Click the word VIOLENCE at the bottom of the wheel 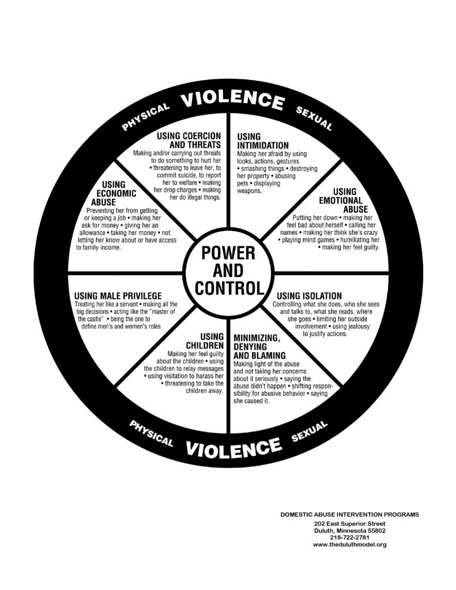click(x=233, y=447)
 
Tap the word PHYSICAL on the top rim click(x=146, y=116)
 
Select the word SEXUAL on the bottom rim click(x=310, y=431)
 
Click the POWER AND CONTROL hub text click(x=228, y=271)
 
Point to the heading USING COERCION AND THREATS click(x=189, y=140)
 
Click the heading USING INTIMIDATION click(x=263, y=141)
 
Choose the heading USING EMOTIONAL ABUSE click(x=344, y=200)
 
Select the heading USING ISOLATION click(x=309, y=296)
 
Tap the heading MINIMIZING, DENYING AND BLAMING click(x=259, y=346)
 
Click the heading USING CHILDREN click(x=205, y=341)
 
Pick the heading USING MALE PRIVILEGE click(x=118, y=296)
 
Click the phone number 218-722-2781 click(x=349, y=538)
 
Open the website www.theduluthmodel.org click(x=349, y=544)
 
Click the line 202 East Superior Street click(x=349, y=524)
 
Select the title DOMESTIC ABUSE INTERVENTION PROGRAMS click(x=349, y=515)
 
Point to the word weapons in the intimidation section click(x=249, y=191)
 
